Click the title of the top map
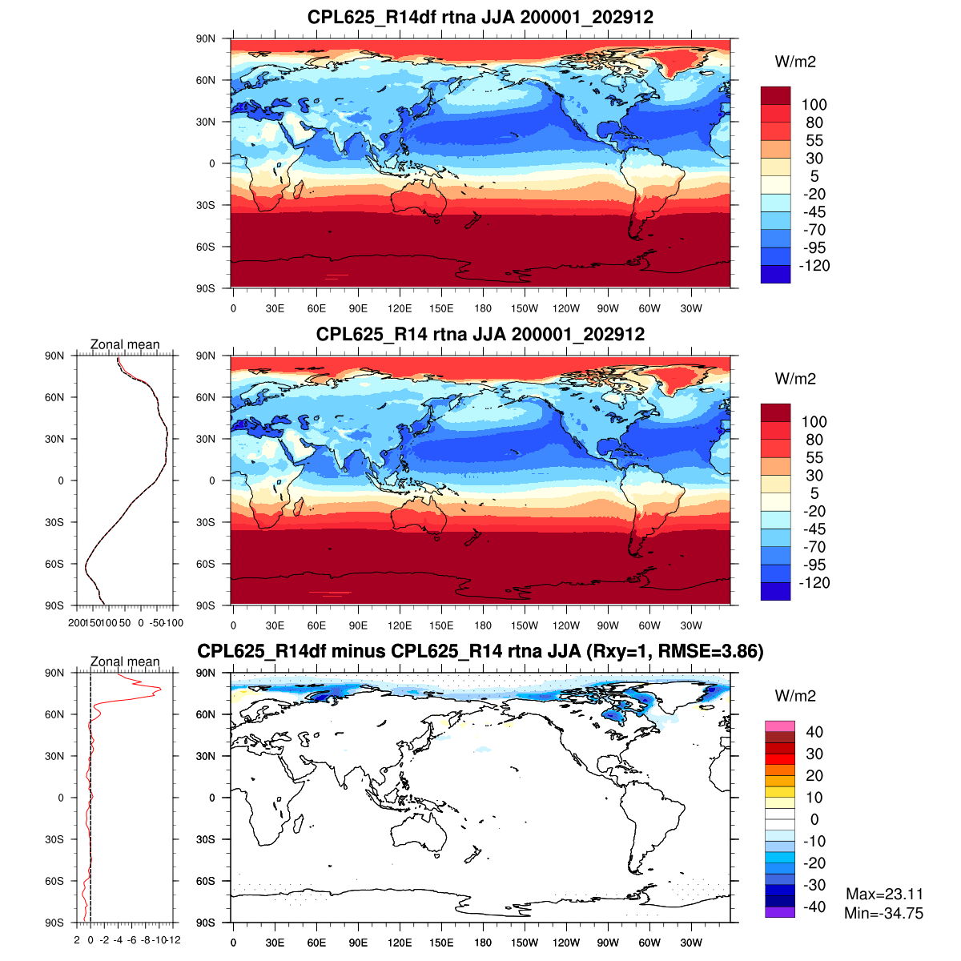tap(480, 17)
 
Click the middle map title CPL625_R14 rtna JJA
tap(480, 334)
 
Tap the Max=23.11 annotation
tap(884, 895)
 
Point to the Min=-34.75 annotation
tap(883, 913)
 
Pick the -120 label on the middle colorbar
tap(814, 583)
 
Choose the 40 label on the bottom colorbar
tap(814, 732)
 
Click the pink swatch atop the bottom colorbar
tap(779, 726)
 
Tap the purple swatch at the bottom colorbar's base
tap(779, 912)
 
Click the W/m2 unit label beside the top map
tap(795, 62)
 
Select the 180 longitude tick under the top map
tap(483, 308)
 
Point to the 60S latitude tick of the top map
tap(207, 247)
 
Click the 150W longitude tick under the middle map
tap(525, 625)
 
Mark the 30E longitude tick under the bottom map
tap(275, 943)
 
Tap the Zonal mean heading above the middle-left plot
tap(125, 345)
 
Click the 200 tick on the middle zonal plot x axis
tap(77, 622)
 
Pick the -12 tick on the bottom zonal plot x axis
tap(174, 939)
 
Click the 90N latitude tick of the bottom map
tap(207, 674)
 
